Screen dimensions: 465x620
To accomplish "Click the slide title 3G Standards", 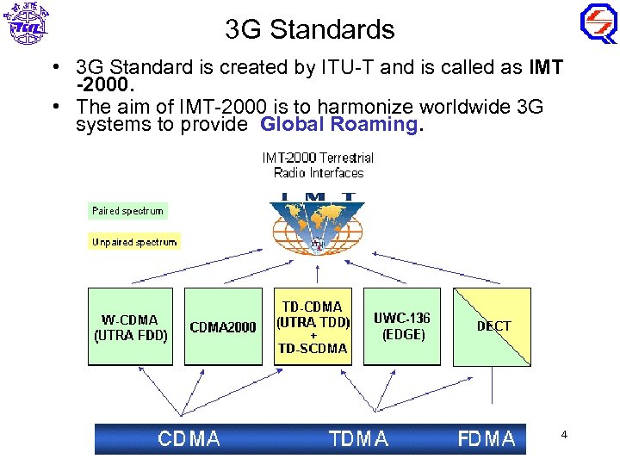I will (310, 29).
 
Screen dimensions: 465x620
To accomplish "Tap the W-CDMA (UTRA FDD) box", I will (130, 327).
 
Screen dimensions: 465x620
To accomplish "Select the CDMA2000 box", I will (223, 327).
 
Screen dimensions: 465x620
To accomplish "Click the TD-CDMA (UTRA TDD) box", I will (313, 326).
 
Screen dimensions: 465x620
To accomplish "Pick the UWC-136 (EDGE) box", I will (402, 326).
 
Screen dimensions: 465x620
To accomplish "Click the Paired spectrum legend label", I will (127, 211).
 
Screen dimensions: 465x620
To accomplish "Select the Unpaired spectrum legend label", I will (133, 242).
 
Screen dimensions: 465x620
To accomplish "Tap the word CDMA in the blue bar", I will (189, 439).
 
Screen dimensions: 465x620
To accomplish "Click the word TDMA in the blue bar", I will (358, 439).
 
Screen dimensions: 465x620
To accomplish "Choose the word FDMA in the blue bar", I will (486, 439).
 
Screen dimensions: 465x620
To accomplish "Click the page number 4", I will (564, 435).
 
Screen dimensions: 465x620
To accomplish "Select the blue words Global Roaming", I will (338, 124).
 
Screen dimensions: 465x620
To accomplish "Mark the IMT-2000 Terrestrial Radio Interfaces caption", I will (318, 164).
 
